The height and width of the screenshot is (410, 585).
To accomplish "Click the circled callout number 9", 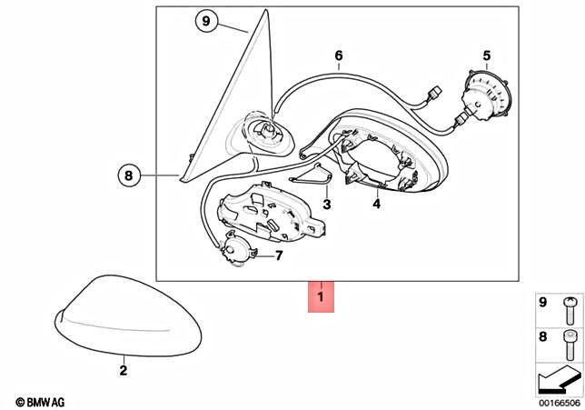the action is (x=206, y=21).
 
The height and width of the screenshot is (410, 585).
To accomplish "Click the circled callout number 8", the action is (x=129, y=175).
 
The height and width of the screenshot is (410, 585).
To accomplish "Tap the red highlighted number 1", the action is (x=321, y=297).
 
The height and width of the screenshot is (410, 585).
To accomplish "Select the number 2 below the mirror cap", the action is (x=124, y=370).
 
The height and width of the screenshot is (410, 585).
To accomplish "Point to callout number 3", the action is (x=327, y=205).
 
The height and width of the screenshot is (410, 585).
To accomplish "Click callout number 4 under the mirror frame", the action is (x=376, y=204).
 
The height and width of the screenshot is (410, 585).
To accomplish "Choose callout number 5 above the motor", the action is (x=487, y=56).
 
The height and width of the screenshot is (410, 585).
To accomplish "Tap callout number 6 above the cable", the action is (x=339, y=55).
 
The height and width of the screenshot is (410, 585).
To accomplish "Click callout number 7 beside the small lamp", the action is (x=279, y=255).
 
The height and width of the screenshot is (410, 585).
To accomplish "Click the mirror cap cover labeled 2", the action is (x=128, y=315).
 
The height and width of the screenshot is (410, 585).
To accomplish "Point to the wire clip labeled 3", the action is (x=312, y=175).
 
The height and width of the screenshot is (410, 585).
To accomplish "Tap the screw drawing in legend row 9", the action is (x=570, y=310).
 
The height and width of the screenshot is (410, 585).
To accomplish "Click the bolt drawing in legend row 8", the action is (x=569, y=345).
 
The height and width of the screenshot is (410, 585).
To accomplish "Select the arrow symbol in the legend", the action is (x=559, y=379).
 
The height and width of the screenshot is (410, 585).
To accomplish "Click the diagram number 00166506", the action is (x=560, y=403).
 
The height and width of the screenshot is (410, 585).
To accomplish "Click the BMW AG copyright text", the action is (x=40, y=402).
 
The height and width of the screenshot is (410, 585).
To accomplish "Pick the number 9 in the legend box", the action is (x=543, y=302).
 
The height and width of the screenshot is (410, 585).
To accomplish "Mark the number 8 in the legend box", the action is (x=543, y=336).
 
